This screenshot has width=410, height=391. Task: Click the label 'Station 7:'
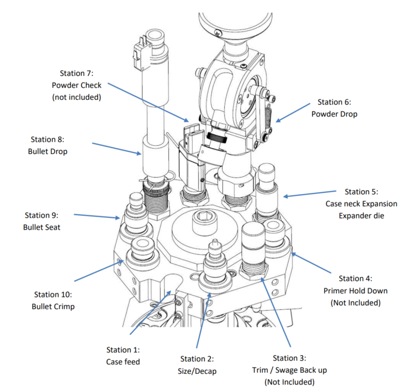[76, 73]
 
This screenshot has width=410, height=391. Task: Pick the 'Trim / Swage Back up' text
[289, 370]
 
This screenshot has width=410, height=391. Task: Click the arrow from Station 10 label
[99, 270]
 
